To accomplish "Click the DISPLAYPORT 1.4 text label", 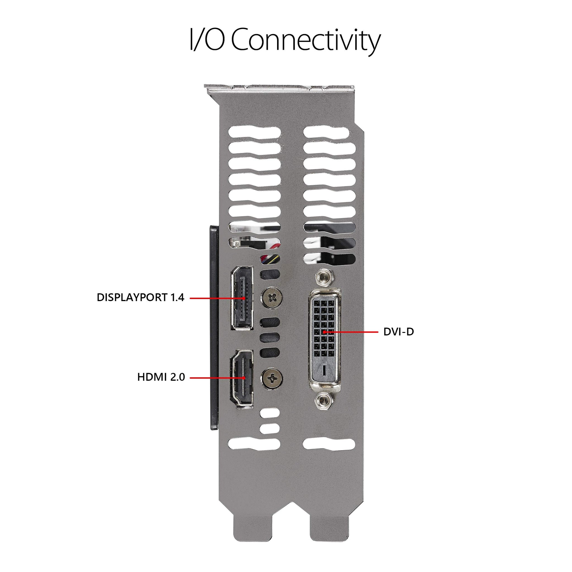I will (140, 297).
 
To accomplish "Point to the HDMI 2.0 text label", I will (161, 377).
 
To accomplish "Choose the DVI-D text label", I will (398, 332).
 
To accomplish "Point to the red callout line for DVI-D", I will (352, 332).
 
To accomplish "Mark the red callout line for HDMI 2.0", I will (216, 378).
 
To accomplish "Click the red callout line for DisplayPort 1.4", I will (216, 298).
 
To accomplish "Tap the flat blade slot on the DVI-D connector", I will (324, 370).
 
